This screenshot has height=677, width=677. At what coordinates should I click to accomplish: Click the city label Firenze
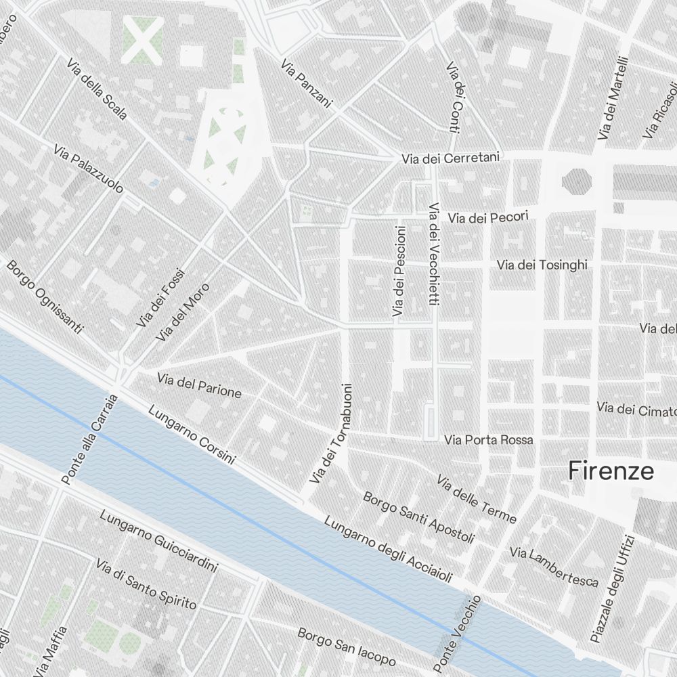[x=611, y=471]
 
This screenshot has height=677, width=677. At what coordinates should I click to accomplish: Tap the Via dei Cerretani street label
[x=450, y=158]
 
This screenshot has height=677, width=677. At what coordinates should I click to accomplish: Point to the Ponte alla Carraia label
[x=89, y=440]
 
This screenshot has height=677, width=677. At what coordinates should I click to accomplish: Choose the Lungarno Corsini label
[x=191, y=435]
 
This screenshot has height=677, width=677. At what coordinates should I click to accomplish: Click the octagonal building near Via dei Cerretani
[x=576, y=180]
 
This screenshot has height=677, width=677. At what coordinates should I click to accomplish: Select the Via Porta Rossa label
[x=489, y=440]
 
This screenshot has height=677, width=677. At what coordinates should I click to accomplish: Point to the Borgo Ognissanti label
[x=45, y=296]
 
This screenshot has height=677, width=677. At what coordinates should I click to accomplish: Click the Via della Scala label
[x=97, y=89]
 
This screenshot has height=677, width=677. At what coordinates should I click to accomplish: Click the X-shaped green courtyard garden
[x=142, y=39]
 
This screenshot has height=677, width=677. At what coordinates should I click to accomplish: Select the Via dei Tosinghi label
[x=542, y=265]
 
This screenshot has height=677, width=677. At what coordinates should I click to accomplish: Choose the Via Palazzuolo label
[x=88, y=167]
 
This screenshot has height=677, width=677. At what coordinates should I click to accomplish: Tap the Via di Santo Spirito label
[x=146, y=584]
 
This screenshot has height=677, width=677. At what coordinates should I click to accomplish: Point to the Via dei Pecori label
[x=487, y=217]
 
